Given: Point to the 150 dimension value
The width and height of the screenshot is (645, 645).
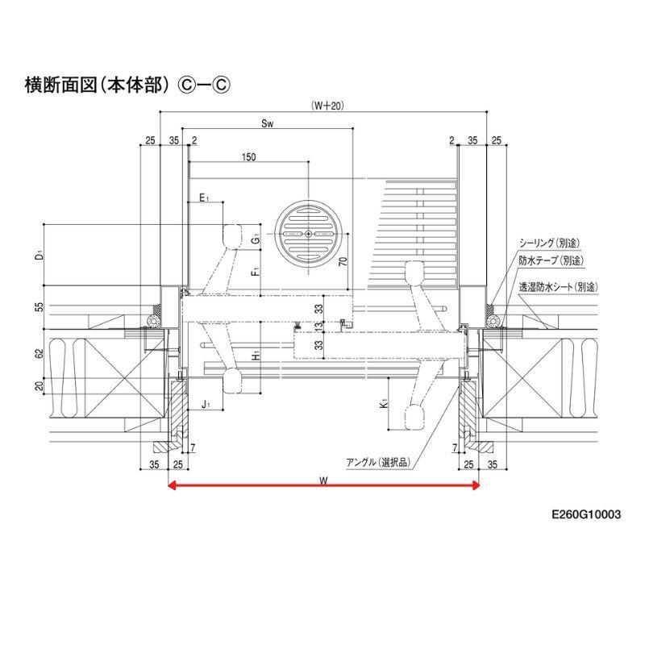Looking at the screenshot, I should pos(248,157).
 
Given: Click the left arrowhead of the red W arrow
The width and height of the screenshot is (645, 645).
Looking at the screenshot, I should pos(171,485).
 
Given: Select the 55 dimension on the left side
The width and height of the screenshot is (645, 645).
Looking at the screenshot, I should pos(39,307).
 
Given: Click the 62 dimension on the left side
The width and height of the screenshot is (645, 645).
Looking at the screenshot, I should pos(39,352).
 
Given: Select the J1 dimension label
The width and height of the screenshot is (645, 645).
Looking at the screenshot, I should pos(206,402).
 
